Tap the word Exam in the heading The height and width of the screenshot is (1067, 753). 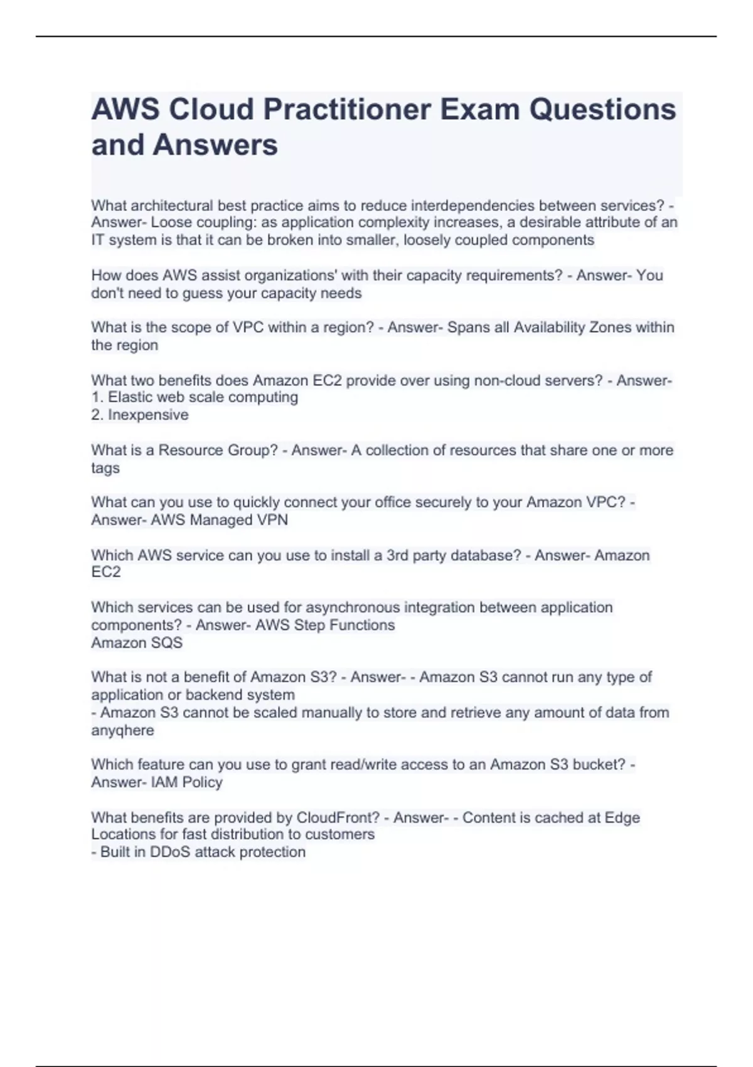pyautogui.click(x=479, y=109)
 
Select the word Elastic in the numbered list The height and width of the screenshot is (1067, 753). pyautogui.click(x=131, y=397)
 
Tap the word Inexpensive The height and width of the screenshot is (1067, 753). pyautogui.click(x=148, y=415)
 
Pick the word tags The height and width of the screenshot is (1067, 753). pyautogui.click(x=105, y=468)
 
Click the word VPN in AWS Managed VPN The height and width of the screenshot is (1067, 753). pyautogui.click(x=272, y=520)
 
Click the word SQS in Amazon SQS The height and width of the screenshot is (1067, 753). pyautogui.click(x=167, y=643)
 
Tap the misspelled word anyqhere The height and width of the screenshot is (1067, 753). pyautogui.click(x=122, y=731)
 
